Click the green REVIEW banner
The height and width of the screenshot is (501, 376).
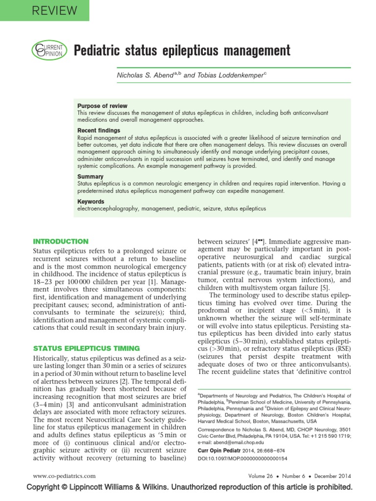pyautogui.click(x=45, y=10)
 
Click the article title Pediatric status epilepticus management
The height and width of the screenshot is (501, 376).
pyautogui.click(x=182, y=50)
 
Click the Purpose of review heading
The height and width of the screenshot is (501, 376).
pyautogui.click(x=102, y=106)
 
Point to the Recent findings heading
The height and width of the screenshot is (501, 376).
pyautogui.click(x=98, y=131)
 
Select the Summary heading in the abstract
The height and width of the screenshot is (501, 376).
pyautogui.click(x=90, y=176)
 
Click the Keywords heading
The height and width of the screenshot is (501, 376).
pyautogui.click(x=91, y=201)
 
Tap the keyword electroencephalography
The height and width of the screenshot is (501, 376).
pyautogui.click(x=108, y=208)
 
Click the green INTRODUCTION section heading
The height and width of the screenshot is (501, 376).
pyautogui.click(x=60, y=241)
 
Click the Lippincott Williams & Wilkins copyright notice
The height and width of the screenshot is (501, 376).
pyautogui.click(x=189, y=487)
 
